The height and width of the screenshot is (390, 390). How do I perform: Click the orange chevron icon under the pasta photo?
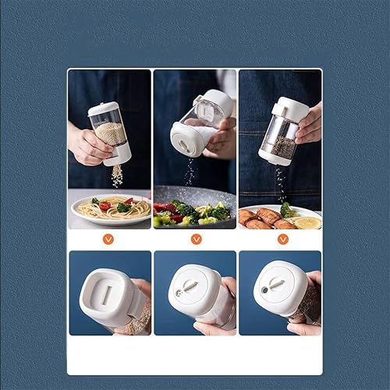click(x=108, y=239)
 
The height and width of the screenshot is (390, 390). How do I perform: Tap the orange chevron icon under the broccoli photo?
click(x=197, y=239)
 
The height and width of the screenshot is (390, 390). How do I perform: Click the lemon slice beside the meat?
click(x=307, y=222)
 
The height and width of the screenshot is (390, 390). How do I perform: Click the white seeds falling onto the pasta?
click(x=117, y=176)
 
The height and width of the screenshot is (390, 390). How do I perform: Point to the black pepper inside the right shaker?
click(x=281, y=146)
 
